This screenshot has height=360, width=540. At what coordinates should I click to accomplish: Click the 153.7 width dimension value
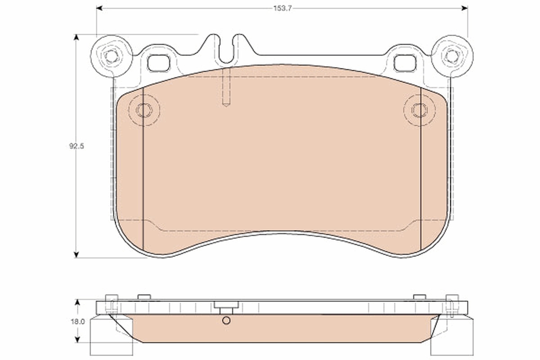pyautogui.click(x=283, y=9)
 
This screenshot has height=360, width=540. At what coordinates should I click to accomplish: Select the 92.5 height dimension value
pyautogui.click(x=76, y=146)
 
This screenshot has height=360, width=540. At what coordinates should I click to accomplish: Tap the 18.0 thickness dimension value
pyautogui.click(x=77, y=322)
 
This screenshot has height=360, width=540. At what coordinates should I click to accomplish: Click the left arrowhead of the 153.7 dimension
pyautogui.click(x=99, y=9)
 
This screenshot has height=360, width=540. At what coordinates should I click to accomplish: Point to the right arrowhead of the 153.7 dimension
pyautogui.click(x=464, y=9)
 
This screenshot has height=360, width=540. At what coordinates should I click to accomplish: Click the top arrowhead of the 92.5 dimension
pyautogui.click(x=76, y=38)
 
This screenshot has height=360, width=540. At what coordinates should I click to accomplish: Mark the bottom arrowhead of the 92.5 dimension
pyautogui.click(x=76, y=255)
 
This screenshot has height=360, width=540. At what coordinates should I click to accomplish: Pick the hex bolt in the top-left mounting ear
pyautogui.click(x=111, y=57)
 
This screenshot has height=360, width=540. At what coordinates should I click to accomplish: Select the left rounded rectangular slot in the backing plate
pyautogui.click(x=159, y=63)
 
